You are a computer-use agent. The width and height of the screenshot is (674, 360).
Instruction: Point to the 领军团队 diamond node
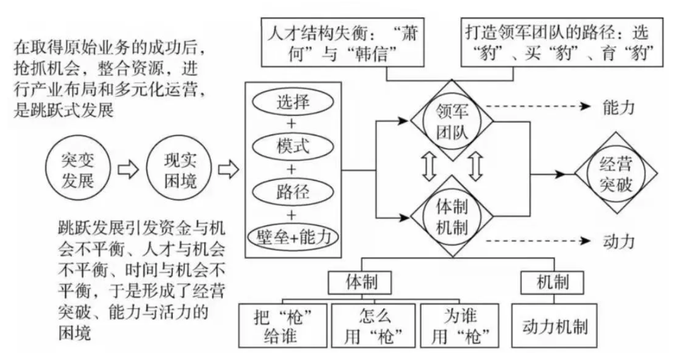[453, 120]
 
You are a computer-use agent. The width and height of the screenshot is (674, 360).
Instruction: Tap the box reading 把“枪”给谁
[282, 328]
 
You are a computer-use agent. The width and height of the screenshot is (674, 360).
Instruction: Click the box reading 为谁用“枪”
[462, 328]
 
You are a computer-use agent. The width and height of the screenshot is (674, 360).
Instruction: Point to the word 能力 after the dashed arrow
[619, 107]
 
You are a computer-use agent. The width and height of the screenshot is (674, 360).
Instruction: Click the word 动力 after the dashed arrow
[619, 241]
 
